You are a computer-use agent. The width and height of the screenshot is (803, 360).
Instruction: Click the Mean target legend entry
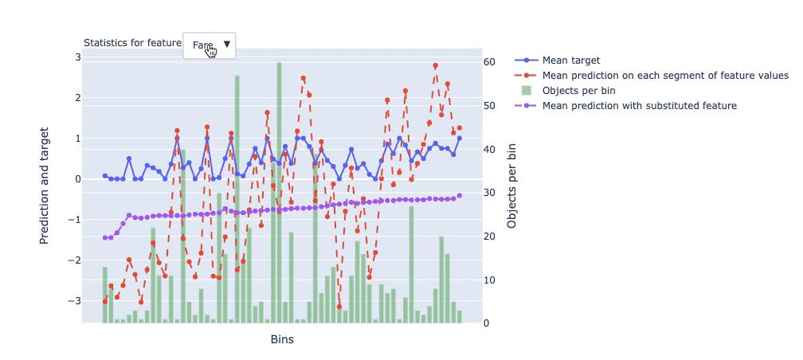tap(570, 61)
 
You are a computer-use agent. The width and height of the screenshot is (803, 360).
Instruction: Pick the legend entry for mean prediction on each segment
tap(664, 76)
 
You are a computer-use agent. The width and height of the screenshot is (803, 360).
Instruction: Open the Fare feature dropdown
tap(210, 45)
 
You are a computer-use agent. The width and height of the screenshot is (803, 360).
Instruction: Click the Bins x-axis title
tap(282, 340)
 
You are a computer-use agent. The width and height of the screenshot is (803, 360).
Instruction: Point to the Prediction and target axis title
tap(45, 185)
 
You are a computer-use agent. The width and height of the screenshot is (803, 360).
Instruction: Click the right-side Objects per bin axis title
tap(512, 186)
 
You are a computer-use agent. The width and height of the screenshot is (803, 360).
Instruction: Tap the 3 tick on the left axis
tap(78, 57)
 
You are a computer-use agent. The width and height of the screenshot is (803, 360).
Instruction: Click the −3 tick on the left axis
tap(75, 301)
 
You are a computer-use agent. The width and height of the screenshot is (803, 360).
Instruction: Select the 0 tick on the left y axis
tap(78, 179)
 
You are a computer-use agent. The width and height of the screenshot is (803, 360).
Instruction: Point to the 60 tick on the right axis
tap(492, 62)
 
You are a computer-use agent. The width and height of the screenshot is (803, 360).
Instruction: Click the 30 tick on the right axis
tap(492, 193)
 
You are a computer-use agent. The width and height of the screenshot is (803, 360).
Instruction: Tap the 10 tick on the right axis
tap(492, 280)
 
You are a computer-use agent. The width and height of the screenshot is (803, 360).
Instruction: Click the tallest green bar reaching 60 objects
tap(279, 191)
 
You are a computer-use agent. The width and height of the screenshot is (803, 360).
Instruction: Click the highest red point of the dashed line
tap(435, 66)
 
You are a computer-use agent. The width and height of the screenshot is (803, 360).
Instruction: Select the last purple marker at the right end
tap(459, 196)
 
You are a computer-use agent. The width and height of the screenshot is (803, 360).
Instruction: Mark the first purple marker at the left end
tap(104, 238)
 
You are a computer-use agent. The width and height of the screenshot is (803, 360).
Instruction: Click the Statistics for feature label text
tap(132, 43)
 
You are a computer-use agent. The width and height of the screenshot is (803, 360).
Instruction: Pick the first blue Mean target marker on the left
tap(104, 176)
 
